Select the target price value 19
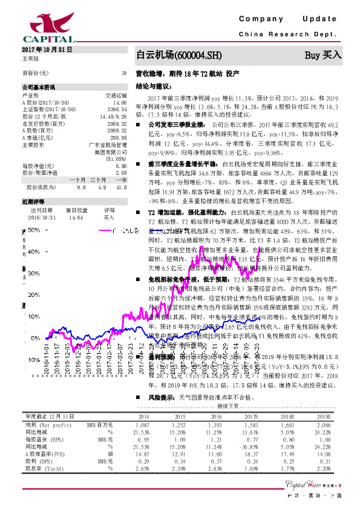tap(123, 73)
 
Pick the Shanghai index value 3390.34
tap(117, 109)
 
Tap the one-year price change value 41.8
tap(122, 187)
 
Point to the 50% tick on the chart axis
tap(24, 230)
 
